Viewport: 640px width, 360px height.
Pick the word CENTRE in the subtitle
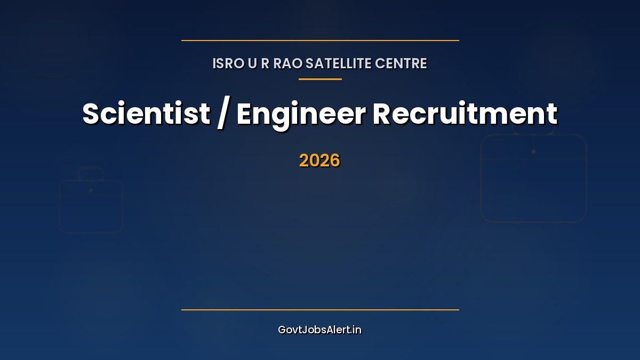(401, 63)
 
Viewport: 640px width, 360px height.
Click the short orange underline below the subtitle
(320, 79)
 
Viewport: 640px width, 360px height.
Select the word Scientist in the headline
(146, 114)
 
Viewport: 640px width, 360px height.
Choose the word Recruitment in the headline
(465, 114)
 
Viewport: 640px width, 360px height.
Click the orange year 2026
(320, 161)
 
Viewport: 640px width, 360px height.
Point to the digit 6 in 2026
(334, 161)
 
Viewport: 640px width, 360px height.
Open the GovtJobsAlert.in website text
(320, 330)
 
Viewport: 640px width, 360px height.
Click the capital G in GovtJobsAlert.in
(282, 330)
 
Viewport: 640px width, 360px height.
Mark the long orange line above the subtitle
(320, 41)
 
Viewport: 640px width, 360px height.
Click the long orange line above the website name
(320, 309)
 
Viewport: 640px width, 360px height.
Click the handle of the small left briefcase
(91, 174)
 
